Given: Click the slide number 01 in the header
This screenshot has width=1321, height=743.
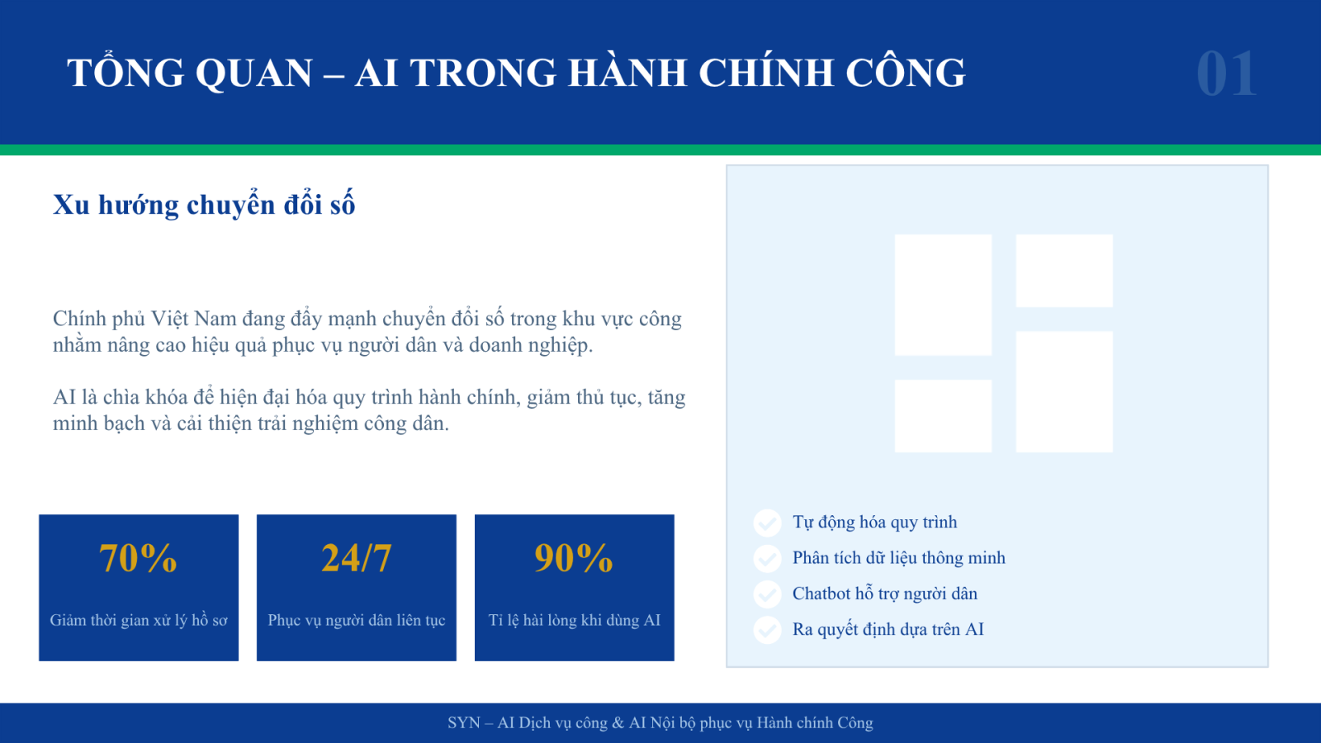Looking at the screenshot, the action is pyautogui.click(x=1227, y=73).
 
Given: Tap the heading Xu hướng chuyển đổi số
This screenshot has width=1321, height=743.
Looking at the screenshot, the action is pyautogui.click(x=204, y=206).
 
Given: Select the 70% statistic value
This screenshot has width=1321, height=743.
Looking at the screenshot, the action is pyautogui.click(x=138, y=557).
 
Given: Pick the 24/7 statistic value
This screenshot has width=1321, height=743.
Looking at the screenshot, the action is pyautogui.click(x=356, y=557).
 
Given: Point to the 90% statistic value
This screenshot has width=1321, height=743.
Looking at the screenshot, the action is pyautogui.click(x=574, y=557).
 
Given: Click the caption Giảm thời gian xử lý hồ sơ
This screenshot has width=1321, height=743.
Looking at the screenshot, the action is pyautogui.click(x=139, y=620).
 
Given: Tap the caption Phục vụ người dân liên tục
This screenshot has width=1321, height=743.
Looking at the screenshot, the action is pyautogui.click(x=356, y=620).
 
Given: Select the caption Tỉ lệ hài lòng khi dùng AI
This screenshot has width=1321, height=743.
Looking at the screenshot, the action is pyautogui.click(x=575, y=620).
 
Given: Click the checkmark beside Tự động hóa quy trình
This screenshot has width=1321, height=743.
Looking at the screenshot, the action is pyautogui.click(x=767, y=523).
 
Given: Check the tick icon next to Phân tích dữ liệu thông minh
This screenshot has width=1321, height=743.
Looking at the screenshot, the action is pyautogui.click(x=767, y=558).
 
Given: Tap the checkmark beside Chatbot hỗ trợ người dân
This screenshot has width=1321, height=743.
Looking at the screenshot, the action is pyautogui.click(x=767, y=594).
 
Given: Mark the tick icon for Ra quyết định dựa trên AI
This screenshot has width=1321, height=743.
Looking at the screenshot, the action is pyautogui.click(x=767, y=630).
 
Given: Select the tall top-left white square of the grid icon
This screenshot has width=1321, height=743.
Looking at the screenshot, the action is pyautogui.click(x=943, y=295).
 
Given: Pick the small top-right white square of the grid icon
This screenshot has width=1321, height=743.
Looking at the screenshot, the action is pyautogui.click(x=1064, y=271).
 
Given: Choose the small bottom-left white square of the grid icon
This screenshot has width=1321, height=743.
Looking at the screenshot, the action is pyautogui.click(x=943, y=416).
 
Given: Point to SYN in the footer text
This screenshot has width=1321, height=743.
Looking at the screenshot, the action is pyautogui.click(x=464, y=723).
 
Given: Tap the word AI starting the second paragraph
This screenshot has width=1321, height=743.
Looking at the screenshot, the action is pyautogui.click(x=64, y=397).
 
